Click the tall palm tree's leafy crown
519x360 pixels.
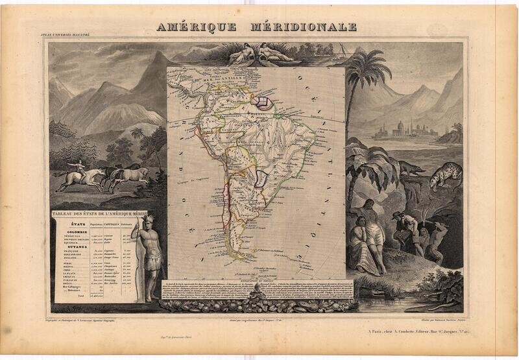[368, 68]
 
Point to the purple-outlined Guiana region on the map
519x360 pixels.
[263, 101]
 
